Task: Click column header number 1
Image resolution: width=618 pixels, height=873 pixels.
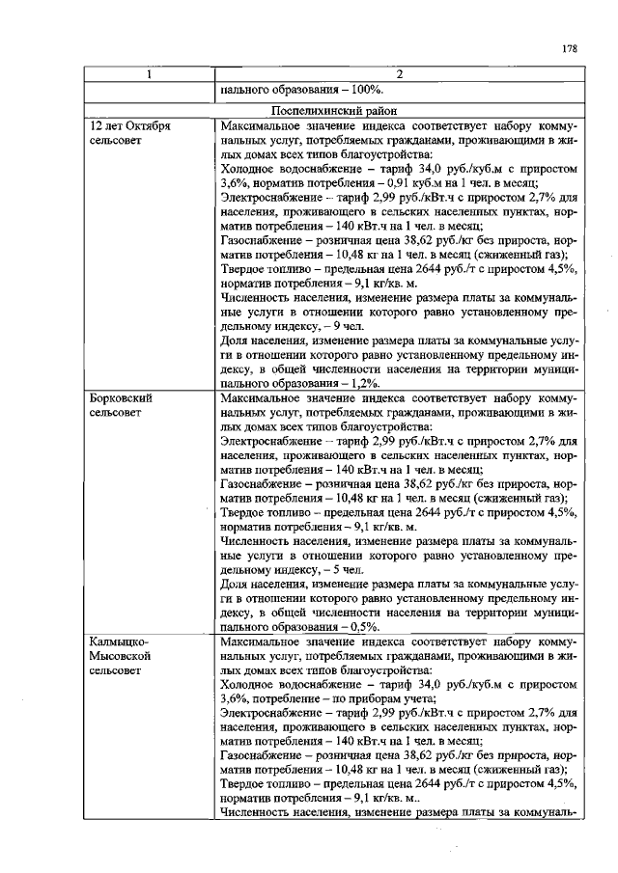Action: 149,75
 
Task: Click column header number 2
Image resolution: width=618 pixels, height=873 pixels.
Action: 398,75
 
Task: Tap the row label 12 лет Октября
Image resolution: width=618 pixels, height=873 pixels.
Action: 130,125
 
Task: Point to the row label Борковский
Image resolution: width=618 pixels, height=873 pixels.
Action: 120,396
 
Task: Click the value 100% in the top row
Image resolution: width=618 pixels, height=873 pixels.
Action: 358,92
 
